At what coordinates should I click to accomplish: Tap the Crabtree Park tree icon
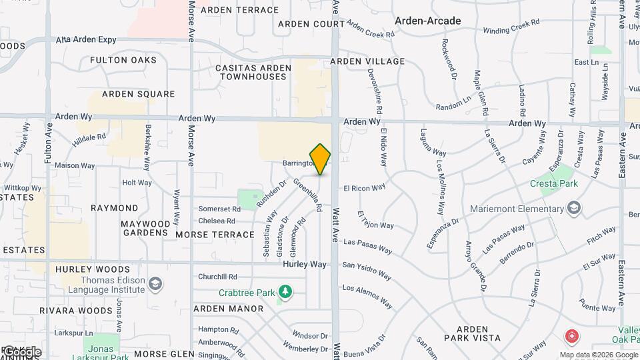tap(286, 292)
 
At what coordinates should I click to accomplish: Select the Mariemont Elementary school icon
tap(573, 209)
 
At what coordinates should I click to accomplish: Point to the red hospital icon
tap(571, 335)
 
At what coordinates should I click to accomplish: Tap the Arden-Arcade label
tap(427, 21)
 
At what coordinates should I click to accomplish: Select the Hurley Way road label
tap(305, 264)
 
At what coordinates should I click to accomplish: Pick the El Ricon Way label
tap(365, 189)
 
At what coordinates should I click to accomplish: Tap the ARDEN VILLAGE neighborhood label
tap(367, 61)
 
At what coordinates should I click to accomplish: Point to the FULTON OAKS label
tap(123, 60)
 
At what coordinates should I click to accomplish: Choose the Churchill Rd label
tap(217, 277)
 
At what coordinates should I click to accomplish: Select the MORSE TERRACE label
tap(215, 235)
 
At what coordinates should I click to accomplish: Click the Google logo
tap(21, 352)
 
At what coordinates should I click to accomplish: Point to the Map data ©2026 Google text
tap(599, 355)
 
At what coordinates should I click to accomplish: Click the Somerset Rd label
tap(217, 209)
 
